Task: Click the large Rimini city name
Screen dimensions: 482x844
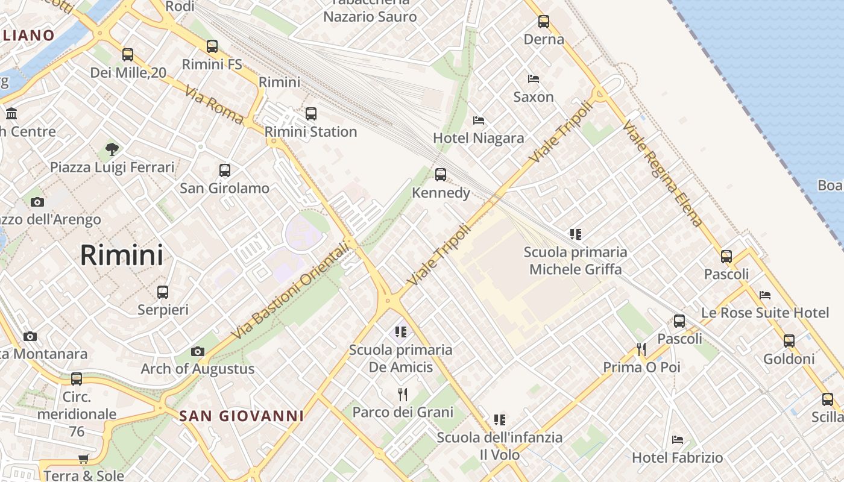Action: coord(122,255)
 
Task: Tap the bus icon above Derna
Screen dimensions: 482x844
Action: coord(544,22)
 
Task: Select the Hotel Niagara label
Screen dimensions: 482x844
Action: coord(479,139)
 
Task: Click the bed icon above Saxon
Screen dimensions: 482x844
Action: coord(533,79)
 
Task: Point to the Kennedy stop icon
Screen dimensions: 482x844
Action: coord(441,175)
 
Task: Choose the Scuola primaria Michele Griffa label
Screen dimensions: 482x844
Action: coord(575,260)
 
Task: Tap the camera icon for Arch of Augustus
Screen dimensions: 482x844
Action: coord(197,351)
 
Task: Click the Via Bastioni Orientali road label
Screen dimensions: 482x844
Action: coord(291,290)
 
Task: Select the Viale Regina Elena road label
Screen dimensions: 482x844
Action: coord(663,173)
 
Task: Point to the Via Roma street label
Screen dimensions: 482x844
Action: coord(214,105)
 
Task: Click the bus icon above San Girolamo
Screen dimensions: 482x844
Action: coord(225,171)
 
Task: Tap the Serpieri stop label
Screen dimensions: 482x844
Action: coord(163,310)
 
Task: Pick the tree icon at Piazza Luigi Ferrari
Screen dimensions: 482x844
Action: coord(112,149)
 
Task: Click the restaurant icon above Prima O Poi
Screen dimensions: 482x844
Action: coord(641,349)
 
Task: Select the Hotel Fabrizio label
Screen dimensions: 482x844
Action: coord(677,458)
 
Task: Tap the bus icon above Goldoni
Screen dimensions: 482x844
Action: coord(789,341)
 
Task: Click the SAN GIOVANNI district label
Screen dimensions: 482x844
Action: coord(241,416)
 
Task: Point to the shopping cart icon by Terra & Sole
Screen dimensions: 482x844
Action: coord(84,459)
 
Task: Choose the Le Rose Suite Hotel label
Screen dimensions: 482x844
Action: coord(765,313)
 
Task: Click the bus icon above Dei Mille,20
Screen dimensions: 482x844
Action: coord(128,55)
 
